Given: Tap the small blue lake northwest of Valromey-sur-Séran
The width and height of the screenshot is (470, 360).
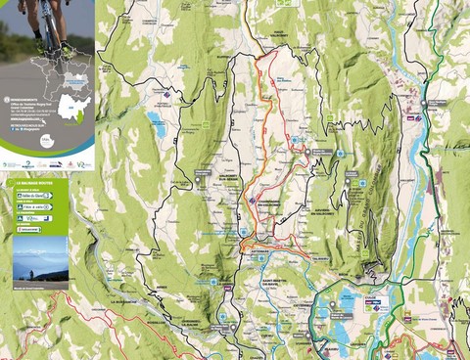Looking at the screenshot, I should pos(157,123).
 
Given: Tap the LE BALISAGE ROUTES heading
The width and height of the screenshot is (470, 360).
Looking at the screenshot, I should pos(36,183).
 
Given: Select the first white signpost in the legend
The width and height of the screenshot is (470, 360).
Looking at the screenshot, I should pos(36,196).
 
